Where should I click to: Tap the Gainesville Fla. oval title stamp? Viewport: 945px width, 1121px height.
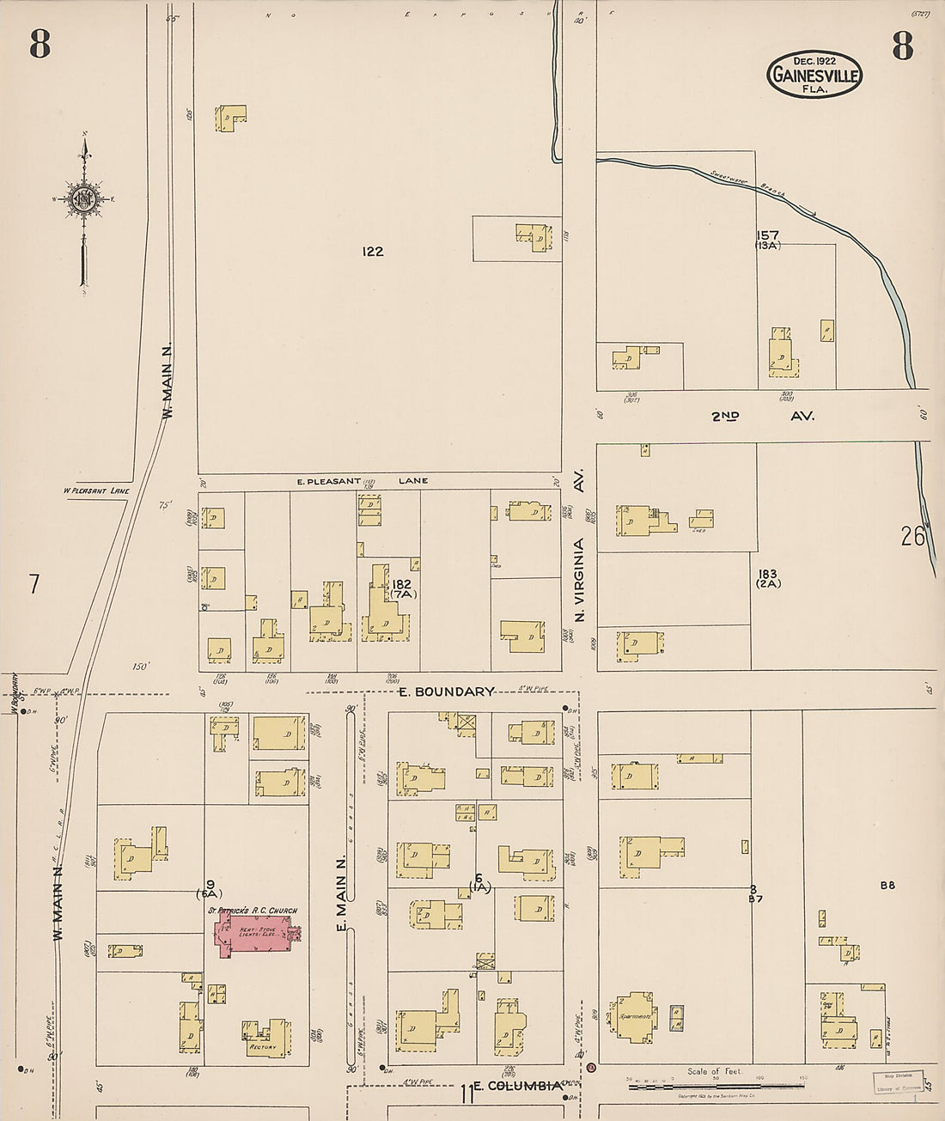[x=814, y=74]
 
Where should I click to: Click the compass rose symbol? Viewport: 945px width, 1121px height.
[x=84, y=199]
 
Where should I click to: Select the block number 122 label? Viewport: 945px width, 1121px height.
[x=372, y=252]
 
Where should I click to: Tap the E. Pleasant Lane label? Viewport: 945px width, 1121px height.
[x=362, y=481]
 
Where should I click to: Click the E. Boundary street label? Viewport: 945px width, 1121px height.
[x=447, y=691]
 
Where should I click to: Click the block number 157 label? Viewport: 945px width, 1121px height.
[x=767, y=235]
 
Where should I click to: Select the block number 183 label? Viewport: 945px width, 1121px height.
[x=767, y=574]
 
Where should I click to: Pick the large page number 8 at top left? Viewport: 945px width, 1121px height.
[x=40, y=45]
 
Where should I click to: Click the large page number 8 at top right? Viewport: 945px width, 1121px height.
[x=902, y=45]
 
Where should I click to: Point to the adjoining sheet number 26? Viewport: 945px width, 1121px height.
[x=913, y=537]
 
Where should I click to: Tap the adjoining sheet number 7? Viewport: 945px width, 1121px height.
[x=34, y=584]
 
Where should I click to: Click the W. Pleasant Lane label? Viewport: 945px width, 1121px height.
[x=96, y=491]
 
